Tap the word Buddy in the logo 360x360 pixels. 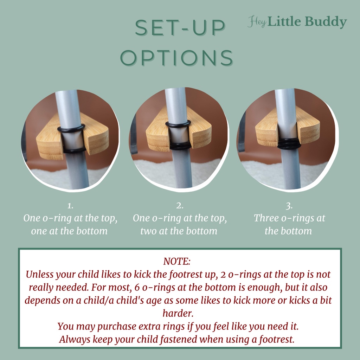[x=326, y=22]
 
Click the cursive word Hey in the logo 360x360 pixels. [x=257, y=22]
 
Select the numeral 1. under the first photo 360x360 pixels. [x=70, y=206]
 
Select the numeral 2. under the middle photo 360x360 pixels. [x=180, y=206]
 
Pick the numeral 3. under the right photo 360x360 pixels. [x=289, y=206]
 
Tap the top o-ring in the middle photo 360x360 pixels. [x=178, y=124]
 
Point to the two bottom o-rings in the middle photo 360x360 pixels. [x=180, y=146]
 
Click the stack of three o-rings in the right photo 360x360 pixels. [x=288, y=143]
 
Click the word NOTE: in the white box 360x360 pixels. [x=177, y=261]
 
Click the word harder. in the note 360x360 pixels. [x=178, y=313]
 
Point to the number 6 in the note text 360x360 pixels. [x=137, y=288]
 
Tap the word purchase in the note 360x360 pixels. [x=117, y=327]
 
